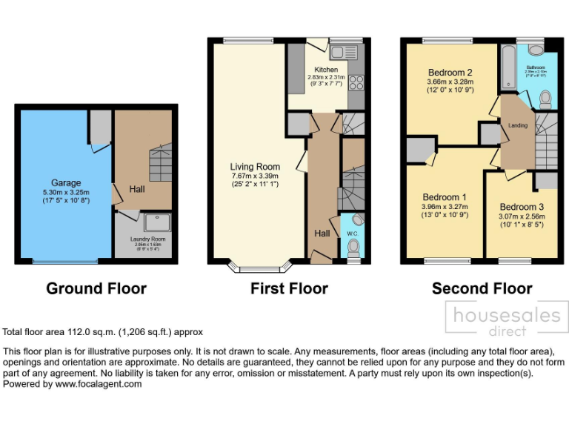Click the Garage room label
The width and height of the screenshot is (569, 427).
[x=66, y=183]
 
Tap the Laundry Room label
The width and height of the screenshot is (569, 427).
[x=147, y=239]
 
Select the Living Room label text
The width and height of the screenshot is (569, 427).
[x=255, y=167]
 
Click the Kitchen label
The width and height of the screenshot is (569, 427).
[x=326, y=70]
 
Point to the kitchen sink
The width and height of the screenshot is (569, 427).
[x=344, y=52]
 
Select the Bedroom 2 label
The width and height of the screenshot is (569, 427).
[x=450, y=72]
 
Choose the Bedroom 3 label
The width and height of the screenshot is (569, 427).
[x=522, y=207]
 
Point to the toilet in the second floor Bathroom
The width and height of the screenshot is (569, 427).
[x=545, y=98]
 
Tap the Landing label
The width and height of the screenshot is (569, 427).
[x=518, y=125]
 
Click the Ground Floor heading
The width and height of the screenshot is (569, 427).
[x=96, y=288]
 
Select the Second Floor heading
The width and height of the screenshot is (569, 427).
[x=482, y=288]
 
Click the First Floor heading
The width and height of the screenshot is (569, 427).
[x=289, y=288]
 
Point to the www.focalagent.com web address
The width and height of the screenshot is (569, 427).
[x=98, y=384]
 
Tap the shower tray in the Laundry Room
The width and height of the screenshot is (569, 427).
[x=157, y=222]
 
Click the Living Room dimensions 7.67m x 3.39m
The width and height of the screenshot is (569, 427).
[x=255, y=176]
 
